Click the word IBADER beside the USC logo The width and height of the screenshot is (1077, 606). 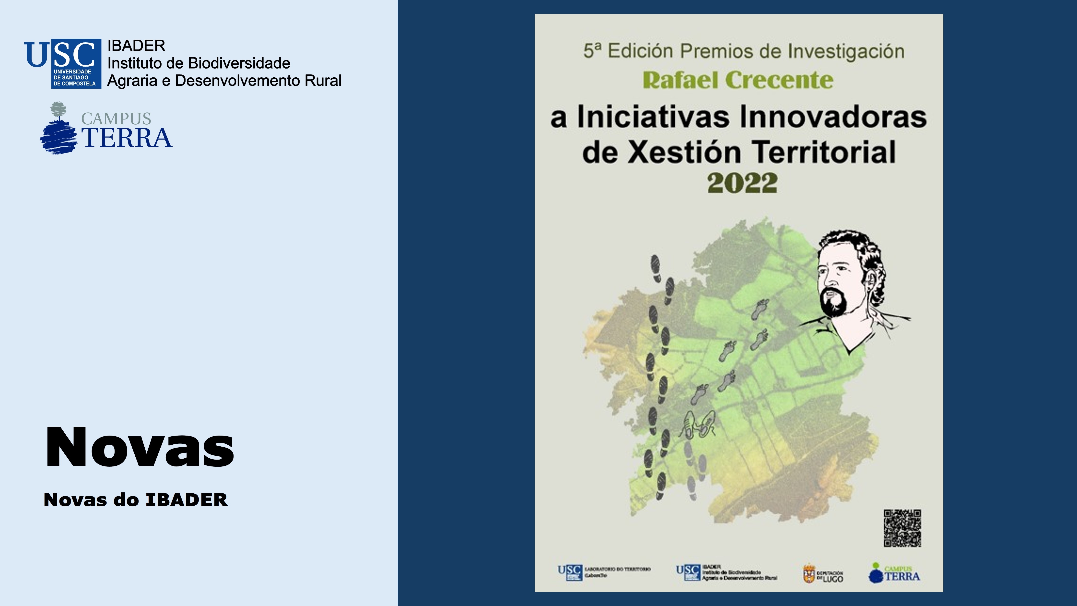tap(136, 46)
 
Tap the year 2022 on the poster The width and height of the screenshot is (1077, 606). tap(742, 183)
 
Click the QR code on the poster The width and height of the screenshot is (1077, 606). tap(902, 528)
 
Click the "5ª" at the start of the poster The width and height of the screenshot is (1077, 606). tap(593, 51)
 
